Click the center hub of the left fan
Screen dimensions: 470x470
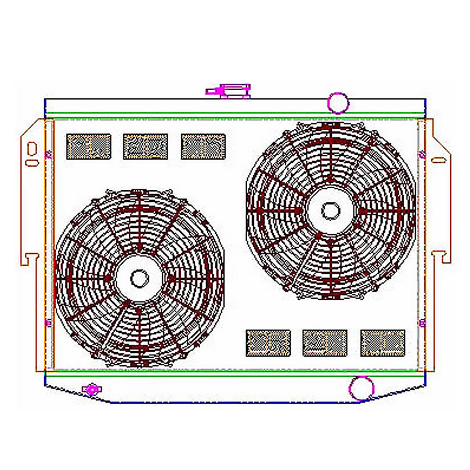coord(139,277)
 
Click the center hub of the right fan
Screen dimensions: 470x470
coord(330,210)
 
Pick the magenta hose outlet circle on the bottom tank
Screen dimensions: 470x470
coord(361,387)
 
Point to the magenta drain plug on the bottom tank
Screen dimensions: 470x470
coord(91,389)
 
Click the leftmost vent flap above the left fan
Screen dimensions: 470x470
coord(88,147)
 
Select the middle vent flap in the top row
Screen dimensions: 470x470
coord(145,147)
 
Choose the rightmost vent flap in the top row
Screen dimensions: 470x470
coord(203,147)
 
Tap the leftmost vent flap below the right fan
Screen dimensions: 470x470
coord(268,343)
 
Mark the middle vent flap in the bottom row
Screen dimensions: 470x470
coord(325,343)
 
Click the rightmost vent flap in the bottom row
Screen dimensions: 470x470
coord(383,343)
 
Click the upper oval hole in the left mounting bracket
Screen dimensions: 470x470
coord(32,148)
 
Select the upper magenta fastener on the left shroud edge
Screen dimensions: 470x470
coord(48,154)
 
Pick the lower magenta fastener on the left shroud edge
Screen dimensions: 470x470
coord(48,322)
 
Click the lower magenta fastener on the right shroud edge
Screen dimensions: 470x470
coord(422,322)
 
